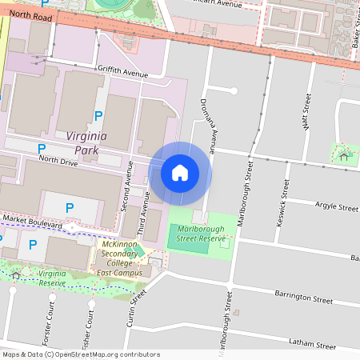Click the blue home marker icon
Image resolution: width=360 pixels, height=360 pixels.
pos(180,172)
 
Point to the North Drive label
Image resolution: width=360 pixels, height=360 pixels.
pos(58,162)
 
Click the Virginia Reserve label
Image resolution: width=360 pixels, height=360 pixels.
pos(52,278)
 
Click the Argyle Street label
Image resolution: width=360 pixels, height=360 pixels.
pos(336,207)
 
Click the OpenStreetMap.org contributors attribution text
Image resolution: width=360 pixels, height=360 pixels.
pos(105,354)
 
